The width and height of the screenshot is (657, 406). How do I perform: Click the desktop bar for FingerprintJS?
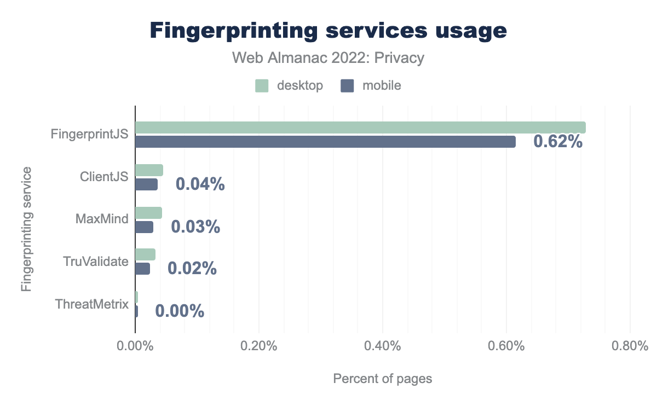pyautogui.click(x=360, y=127)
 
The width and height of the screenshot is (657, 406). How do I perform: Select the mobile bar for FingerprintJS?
pyautogui.click(x=325, y=142)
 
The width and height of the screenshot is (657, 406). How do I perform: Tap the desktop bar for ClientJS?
pyautogui.click(x=149, y=170)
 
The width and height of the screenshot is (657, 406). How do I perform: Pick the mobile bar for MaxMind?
pyautogui.click(x=144, y=227)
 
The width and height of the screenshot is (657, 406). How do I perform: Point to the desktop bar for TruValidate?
pyautogui.click(x=145, y=254)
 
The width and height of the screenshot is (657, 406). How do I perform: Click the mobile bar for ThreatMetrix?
pyautogui.click(x=136, y=311)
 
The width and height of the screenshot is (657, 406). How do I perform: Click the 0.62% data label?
pyautogui.click(x=557, y=142)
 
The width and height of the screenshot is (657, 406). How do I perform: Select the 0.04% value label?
pyautogui.click(x=200, y=184)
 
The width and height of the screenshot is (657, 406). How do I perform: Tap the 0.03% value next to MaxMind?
pyautogui.click(x=195, y=227)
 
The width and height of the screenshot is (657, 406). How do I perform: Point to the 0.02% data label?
pyautogui.click(x=192, y=269)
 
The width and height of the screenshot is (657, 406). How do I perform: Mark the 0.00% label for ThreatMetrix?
pyautogui.click(x=180, y=311)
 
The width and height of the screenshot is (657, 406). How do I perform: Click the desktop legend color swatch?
pyautogui.click(x=262, y=85)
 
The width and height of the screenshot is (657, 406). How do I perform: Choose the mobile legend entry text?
pyautogui.click(x=382, y=85)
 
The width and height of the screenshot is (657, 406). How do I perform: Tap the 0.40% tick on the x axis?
pyautogui.click(x=383, y=347)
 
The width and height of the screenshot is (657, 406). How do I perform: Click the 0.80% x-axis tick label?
pyautogui.click(x=630, y=347)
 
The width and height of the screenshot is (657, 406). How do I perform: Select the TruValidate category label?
pyautogui.click(x=96, y=262)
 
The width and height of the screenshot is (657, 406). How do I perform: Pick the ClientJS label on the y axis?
pyautogui.click(x=104, y=177)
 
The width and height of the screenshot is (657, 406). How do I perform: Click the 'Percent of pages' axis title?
pyautogui.click(x=383, y=379)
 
